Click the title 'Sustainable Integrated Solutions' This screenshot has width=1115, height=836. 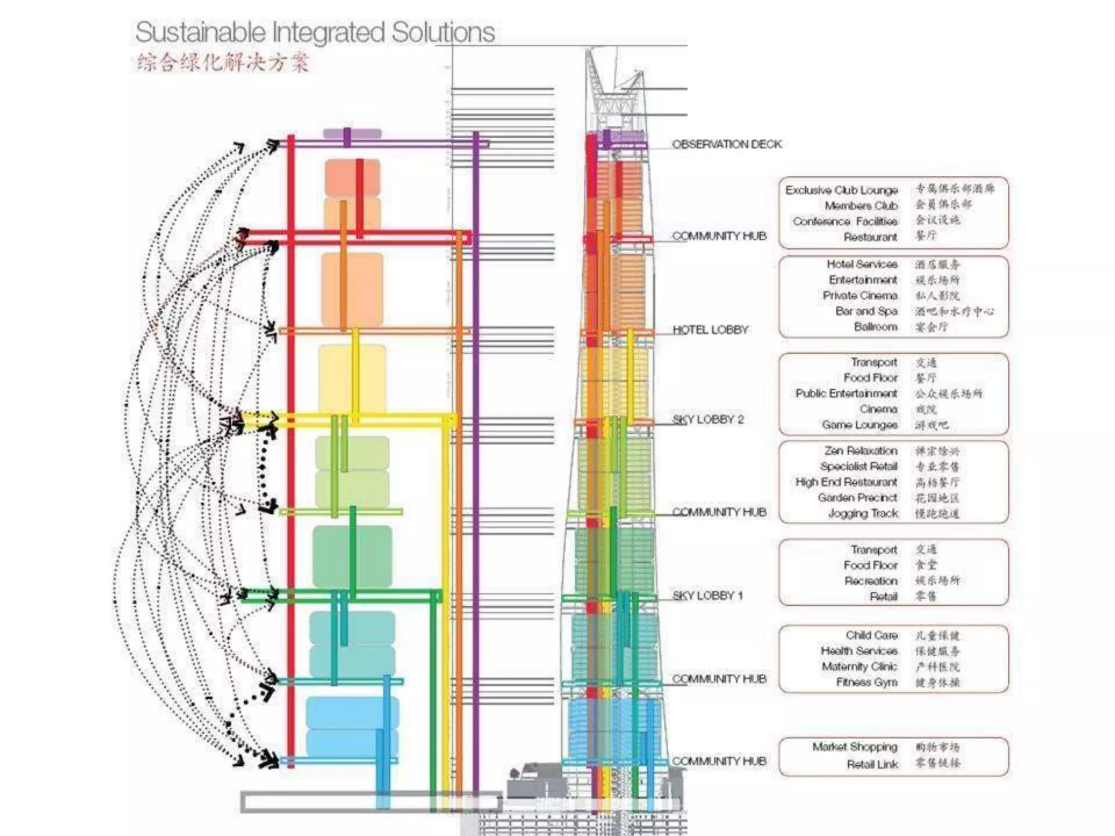coord(315,32)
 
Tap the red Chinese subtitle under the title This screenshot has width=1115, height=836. coord(223,63)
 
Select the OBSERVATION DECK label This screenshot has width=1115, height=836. coord(726,144)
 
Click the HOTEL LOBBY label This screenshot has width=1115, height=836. coord(710,330)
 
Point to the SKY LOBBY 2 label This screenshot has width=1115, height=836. coord(708,420)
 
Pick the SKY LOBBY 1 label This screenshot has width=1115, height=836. coord(707,595)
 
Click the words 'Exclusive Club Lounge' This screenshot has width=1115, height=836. coord(841,190)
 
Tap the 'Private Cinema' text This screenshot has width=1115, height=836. coord(860,296)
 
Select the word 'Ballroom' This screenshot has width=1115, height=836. coord(875,327)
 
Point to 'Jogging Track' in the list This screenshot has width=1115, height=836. coord(862,513)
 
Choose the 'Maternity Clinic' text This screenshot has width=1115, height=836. coord(859,667)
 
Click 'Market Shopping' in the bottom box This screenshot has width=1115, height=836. coord(855,747)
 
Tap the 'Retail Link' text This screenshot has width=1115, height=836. coord(872,765)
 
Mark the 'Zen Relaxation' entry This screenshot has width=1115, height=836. coord(861,451)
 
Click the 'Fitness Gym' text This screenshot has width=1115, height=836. coord(866,683)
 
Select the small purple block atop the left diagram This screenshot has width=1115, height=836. coord(352,133)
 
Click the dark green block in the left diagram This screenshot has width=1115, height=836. coord(352,555)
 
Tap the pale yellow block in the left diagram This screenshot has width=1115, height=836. coord(352,378)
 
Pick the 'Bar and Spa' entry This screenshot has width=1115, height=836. coord(866,311)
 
